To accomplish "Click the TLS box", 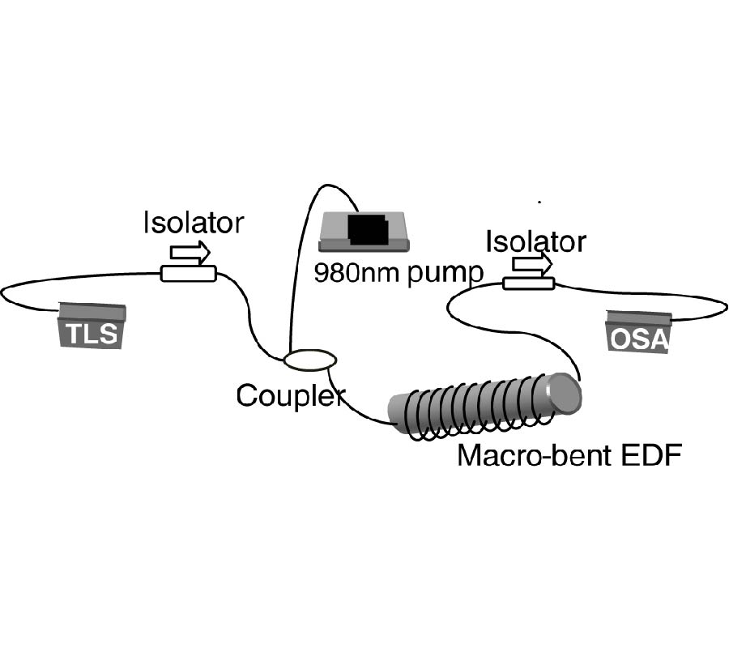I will pyautogui.click(x=92, y=326).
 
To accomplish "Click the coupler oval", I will pyautogui.click(x=310, y=358).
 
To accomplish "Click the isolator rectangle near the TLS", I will pyautogui.click(x=188, y=274).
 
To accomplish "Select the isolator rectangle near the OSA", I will pyautogui.click(x=528, y=283).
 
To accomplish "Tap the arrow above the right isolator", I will pyautogui.click(x=532, y=263).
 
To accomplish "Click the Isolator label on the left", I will pyautogui.click(x=193, y=223).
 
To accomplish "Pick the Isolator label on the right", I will pyautogui.click(x=535, y=241).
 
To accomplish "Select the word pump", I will pyautogui.click(x=445, y=273).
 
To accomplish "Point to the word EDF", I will pyautogui.click(x=649, y=455).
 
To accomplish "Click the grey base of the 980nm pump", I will pyautogui.click(x=334, y=243).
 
